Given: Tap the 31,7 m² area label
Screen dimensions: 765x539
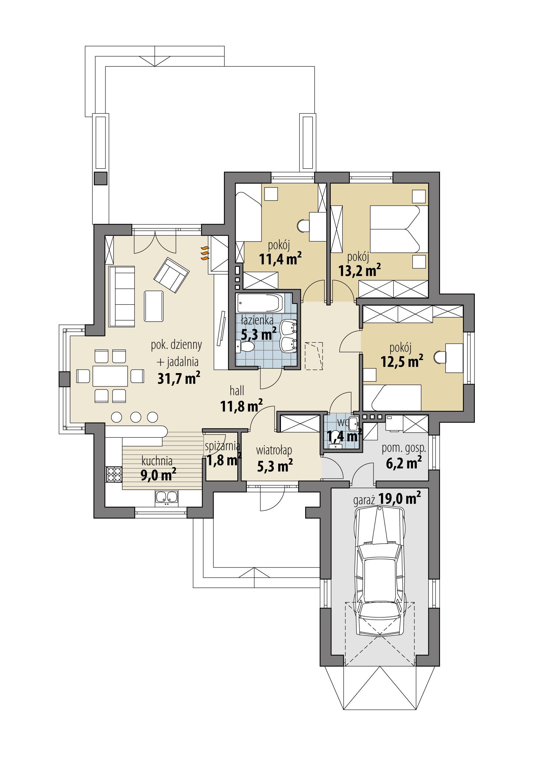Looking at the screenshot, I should point(179,378).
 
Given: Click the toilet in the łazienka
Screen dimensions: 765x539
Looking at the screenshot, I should point(245,347).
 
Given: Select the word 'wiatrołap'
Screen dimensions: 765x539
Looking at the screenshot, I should point(274,451).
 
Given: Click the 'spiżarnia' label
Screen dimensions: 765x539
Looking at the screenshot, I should point(222,446).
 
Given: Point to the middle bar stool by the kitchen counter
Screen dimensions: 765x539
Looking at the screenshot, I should point(136,417).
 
